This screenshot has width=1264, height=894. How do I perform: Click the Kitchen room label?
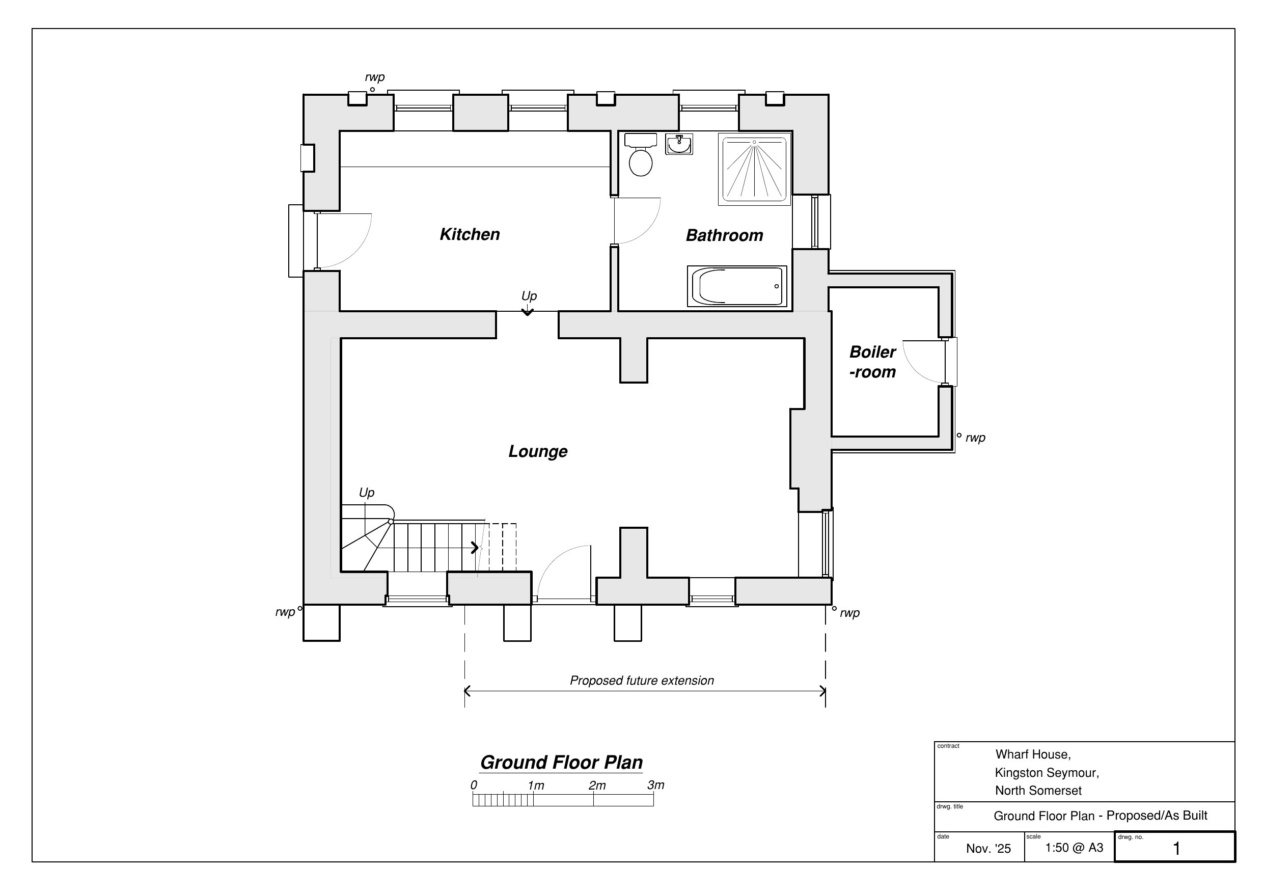[470, 234]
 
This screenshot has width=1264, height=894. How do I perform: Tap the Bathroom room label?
[725, 235]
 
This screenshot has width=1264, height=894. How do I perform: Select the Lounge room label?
[538, 451]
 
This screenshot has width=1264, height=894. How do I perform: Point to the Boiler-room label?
[872, 362]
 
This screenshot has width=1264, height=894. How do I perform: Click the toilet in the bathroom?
[640, 154]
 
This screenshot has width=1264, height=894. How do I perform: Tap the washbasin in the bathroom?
[679, 144]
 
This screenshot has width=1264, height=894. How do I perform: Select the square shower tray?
[754, 169]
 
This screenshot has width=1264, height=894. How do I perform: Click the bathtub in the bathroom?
[736, 286]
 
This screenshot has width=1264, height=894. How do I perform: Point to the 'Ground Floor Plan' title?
[561, 763]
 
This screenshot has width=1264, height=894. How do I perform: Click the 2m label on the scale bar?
[597, 785]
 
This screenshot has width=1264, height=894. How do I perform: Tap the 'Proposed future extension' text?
[642, 681]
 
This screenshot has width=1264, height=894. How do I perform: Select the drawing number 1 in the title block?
[1176, 848]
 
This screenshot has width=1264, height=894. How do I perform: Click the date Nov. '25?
[988, 848]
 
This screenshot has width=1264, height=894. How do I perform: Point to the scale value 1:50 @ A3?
[1074, 848]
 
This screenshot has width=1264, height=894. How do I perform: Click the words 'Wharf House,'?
[1033, 754]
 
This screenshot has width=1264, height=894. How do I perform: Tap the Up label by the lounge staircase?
[367, 493]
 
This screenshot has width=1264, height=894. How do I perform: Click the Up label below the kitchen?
[529, 296]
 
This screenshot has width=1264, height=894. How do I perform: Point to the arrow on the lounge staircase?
[475, 548]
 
